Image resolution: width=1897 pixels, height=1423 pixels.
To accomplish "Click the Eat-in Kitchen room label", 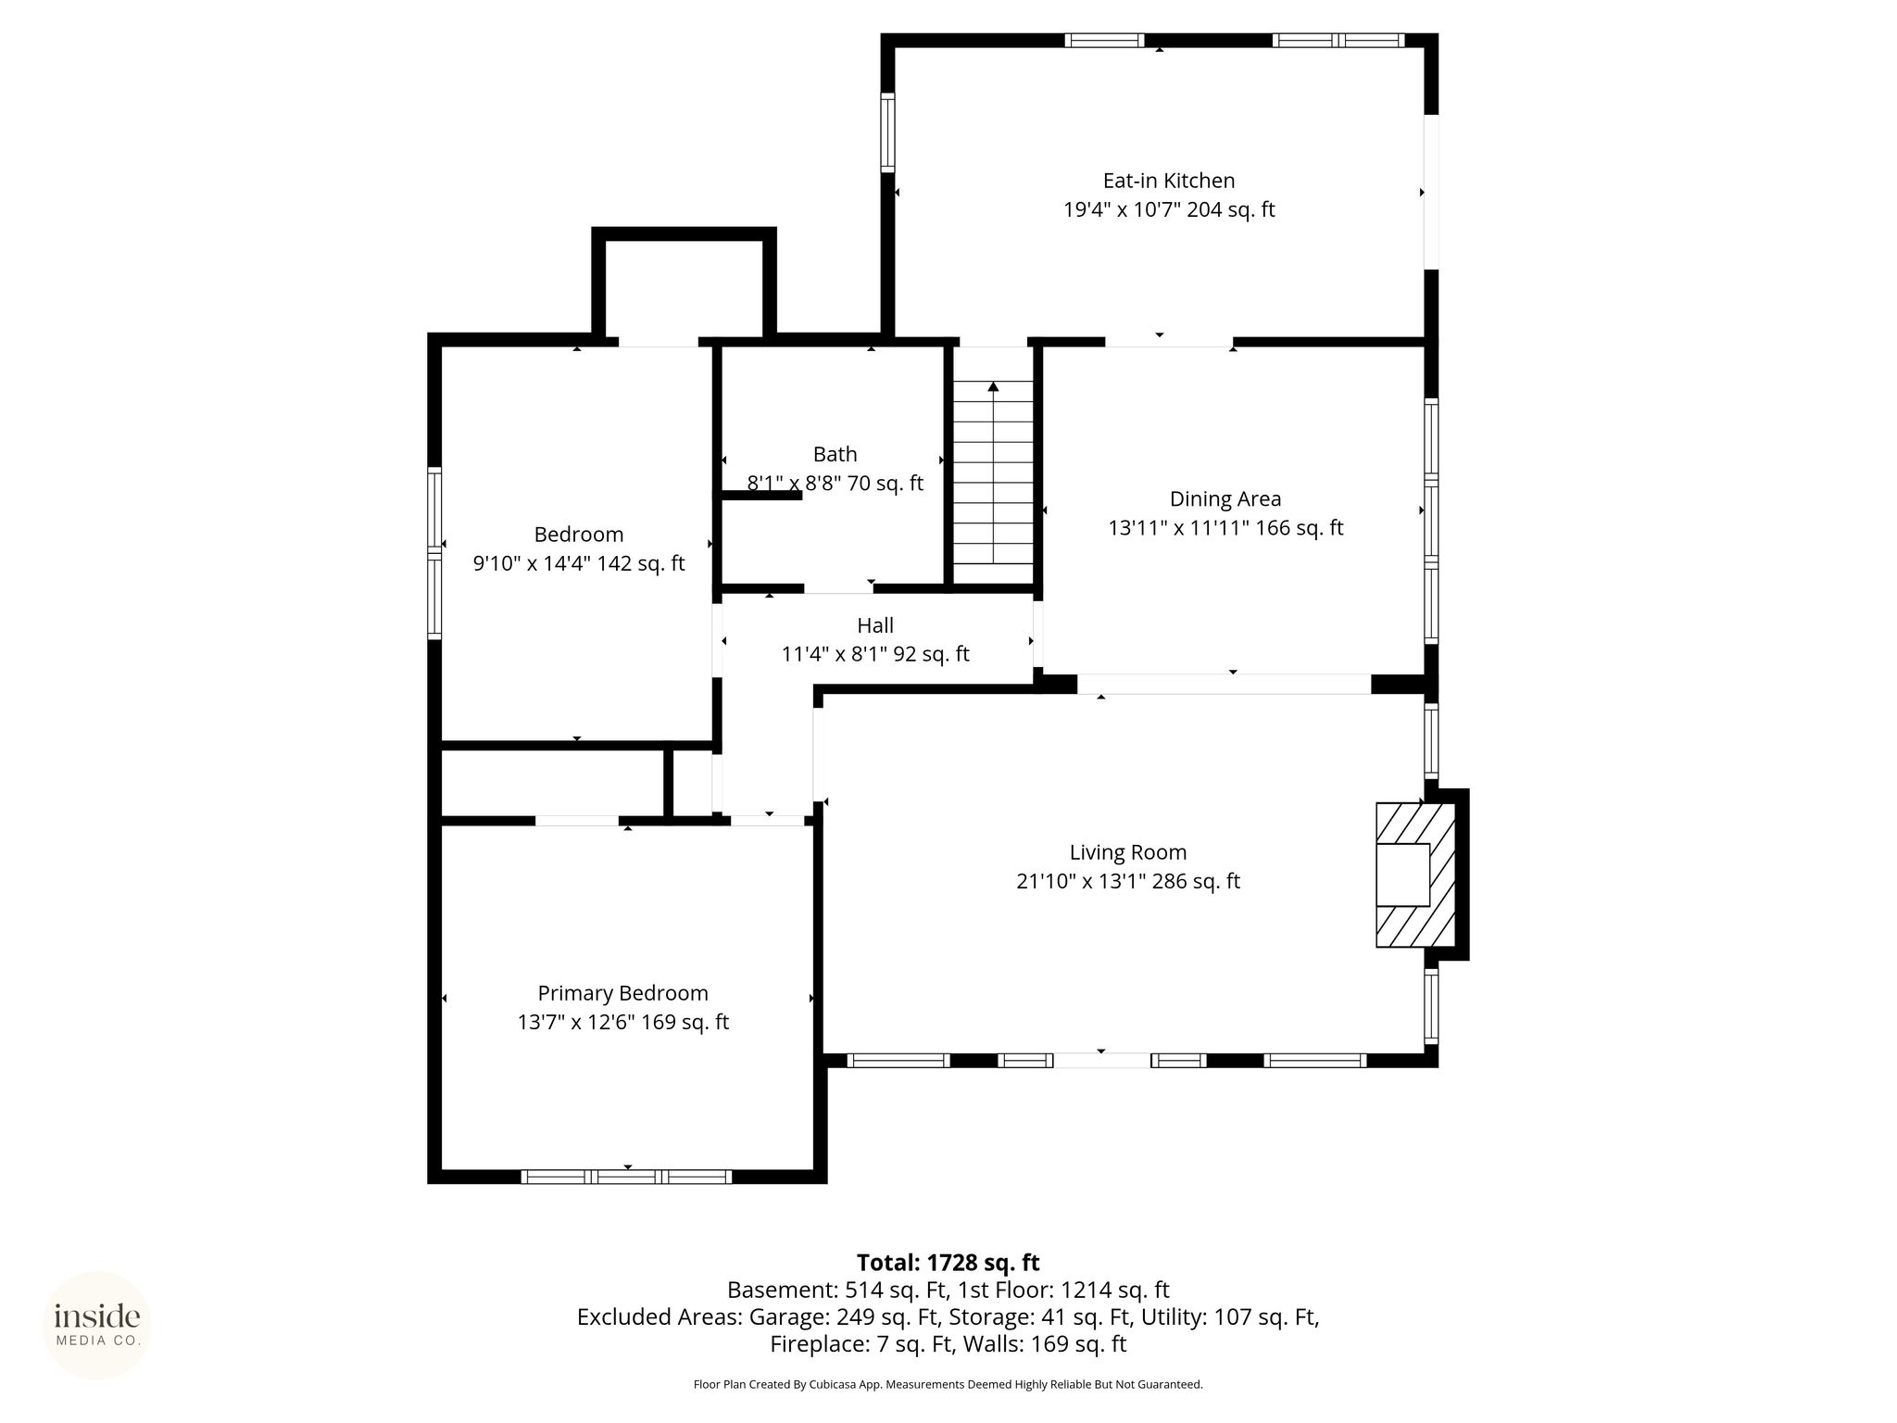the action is click(x=1168, y=181).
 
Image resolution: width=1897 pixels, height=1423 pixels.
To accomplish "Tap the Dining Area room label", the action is click(x=1225, y=499).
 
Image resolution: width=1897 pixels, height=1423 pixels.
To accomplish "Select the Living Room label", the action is click(x=1127, y=852).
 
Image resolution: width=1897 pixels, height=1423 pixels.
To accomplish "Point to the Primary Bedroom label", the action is click(x=622, y=994).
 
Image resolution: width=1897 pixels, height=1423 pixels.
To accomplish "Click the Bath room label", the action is click(x=835, y=454).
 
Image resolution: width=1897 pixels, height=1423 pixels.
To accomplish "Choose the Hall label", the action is click(x=875, y=625).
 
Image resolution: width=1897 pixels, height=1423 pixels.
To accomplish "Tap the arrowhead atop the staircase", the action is click(x=993, y=386).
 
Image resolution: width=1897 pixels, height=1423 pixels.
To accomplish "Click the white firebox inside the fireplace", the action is click(x=1402, y=875).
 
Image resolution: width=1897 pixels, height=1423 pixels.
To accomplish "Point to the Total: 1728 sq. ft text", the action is click(x=948, y=1263).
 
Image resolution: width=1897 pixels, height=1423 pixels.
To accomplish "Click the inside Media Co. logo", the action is click(x=97, y=1326).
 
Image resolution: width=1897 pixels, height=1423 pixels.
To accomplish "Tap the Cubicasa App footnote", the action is click(x=948, y=1385).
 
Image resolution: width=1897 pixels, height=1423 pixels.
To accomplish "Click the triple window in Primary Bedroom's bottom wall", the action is click(x=626, y=1177).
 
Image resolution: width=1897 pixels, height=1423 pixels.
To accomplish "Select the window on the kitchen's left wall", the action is click(x=887, y=132).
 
